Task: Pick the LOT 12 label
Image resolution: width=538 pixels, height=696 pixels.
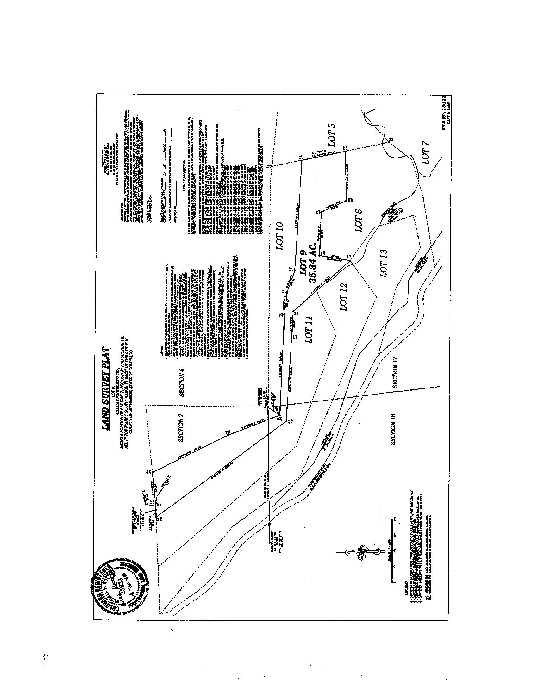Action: point(343,297)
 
